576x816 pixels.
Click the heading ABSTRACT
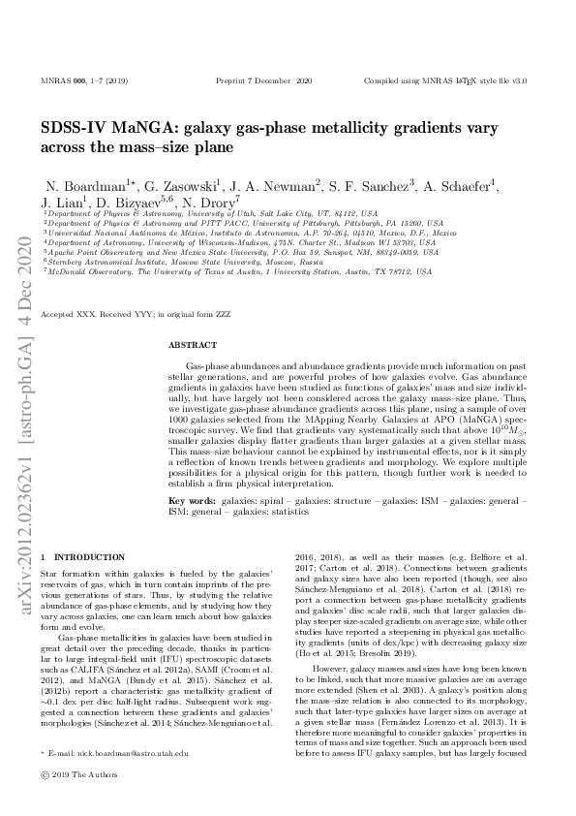(x=187, y=344)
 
